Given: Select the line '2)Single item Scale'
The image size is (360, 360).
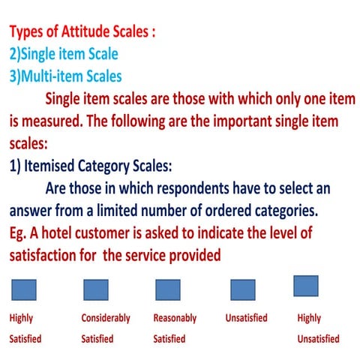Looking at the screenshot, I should click(64, 55).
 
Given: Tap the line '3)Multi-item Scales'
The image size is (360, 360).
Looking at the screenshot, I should click(65, 76).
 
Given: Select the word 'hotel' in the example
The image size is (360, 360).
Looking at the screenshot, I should click(70, 233).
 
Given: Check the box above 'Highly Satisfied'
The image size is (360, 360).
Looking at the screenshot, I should click(24, 289).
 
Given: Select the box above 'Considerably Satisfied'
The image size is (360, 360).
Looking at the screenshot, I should click(96, 289).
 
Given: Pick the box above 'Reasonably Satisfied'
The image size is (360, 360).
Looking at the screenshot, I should click(168, 289).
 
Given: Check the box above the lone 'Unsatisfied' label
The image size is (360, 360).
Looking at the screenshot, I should click(243, 289).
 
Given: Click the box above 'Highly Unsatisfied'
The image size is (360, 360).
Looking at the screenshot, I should click(305, 286).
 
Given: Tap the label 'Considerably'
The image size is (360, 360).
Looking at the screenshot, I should click(106, 318).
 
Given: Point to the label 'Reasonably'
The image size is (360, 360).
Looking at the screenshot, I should click(175, 318).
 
